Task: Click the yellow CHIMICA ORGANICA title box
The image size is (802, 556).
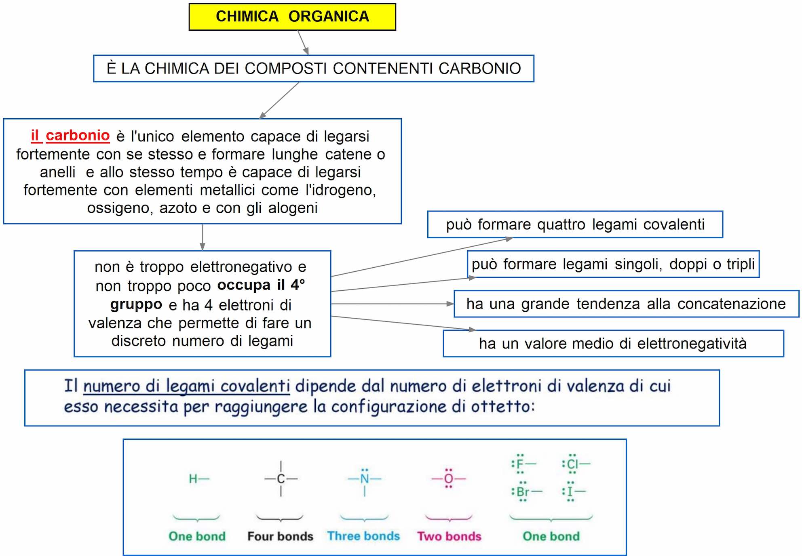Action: click(x=292, y=17)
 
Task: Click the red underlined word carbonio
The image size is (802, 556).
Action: click(x=77, y=136)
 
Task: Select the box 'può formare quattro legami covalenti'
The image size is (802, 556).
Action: click(x=575, y=224)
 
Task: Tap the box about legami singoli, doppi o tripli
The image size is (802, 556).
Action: click(x=613, y=264)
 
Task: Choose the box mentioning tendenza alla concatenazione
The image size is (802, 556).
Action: click(x=626, y=304)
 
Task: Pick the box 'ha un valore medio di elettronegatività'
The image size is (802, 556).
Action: click(x=613, y=344)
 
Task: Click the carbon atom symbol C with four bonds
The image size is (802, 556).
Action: click(x=281, y=479)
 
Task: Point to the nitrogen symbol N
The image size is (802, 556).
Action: click(x=365, y=479)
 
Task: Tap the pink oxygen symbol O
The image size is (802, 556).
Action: click(x=449, y=479)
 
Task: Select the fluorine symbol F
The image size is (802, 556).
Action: click(x=520, y=464)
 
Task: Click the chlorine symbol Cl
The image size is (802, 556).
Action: click(x=572, y=464)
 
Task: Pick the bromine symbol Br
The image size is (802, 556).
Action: click(x=523, y=492)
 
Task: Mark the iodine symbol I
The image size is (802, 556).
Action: click(x=570, y=492)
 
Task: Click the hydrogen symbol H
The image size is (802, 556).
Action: click(x=193, y=479)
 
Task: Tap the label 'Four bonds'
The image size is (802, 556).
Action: click(x=280, y=536)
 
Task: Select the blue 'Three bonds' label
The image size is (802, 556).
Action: click(x=363, y=536)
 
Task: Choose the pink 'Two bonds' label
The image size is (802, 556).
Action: click(x=449, y=536)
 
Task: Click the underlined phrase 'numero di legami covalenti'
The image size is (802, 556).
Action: click(x=186, y=386)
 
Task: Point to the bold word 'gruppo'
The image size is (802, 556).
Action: click(x=136, y=304)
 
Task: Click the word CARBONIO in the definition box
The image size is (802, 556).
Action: click(x=479, y=69)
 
